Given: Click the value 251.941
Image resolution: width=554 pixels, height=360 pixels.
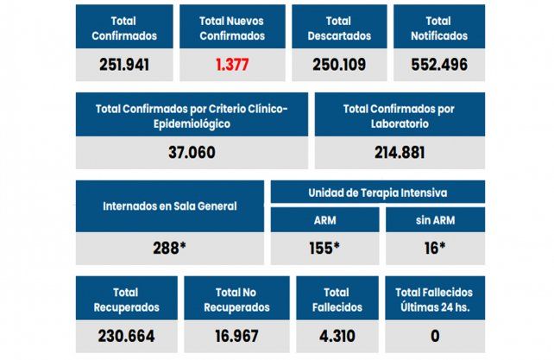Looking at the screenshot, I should [x=124, y=64].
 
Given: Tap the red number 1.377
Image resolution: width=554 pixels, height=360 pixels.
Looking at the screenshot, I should [x=232, y=64].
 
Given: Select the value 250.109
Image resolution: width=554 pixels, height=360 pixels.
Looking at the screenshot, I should [x=338, y=64].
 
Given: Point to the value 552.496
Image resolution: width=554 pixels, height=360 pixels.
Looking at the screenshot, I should [x=440, y=64].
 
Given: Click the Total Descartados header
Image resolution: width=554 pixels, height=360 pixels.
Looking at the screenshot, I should [x=338, y=28].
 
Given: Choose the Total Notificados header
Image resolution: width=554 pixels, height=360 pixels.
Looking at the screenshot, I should [x=440, y=28].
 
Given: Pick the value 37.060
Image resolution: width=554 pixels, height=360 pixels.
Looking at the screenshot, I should [x=191, y=152].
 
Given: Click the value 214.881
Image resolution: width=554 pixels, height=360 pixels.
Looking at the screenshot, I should [x=399, y=152].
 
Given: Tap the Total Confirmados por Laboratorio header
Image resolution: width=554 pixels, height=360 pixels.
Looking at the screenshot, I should [x=399, y=116].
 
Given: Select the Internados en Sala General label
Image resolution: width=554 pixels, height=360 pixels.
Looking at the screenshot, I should [x=170, y=206].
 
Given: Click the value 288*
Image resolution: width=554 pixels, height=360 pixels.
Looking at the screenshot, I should [x=170, y=248].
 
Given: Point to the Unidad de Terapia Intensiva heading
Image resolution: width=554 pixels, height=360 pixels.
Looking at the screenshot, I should [x=378, y=192].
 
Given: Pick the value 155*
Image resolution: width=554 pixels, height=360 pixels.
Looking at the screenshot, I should [x=324, y=248].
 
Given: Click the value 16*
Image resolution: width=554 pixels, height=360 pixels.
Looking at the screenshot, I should [x=436, y=248].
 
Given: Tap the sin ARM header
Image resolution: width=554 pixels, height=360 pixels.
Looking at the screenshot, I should [x=436, y=219].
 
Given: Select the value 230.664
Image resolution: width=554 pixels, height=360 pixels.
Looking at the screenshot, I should [x=126, y=335].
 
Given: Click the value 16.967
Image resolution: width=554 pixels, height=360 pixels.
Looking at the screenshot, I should [x=236, y=335].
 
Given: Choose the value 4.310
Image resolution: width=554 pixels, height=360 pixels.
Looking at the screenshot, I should [x=337, y=335].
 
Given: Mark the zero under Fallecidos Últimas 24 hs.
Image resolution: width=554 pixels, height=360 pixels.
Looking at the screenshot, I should [x=435, y=335].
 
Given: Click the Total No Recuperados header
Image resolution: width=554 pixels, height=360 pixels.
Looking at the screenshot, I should [x=236, y=299].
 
